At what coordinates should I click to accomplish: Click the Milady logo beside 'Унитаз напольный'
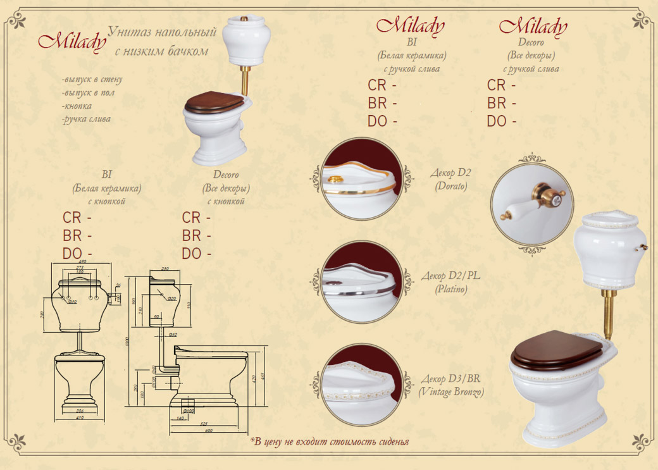click(71, 40)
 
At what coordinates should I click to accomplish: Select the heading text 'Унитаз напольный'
click(163, 32)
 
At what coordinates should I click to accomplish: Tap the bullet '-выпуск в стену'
click(92, 80)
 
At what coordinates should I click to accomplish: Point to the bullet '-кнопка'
click(78, 106)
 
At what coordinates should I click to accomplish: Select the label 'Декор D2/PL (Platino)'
click(450, 283)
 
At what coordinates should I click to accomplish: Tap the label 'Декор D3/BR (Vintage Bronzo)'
click(450, 386)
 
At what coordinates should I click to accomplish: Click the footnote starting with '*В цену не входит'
click(328, 441)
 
